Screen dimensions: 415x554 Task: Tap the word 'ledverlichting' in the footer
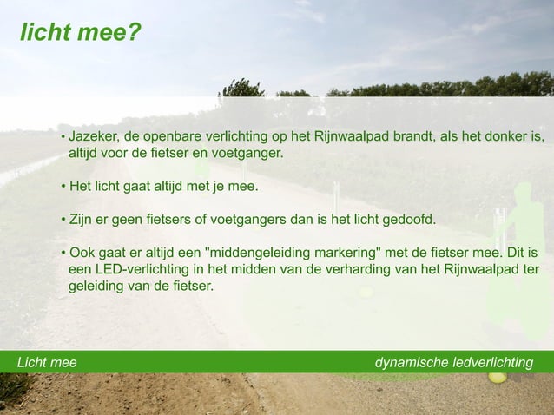pyautogui.click(x=492, y=362)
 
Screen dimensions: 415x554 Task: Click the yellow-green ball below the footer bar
pyautogui.click(x=497, y=377)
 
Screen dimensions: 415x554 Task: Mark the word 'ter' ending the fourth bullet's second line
pyautogui.click(x=531, y=269)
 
